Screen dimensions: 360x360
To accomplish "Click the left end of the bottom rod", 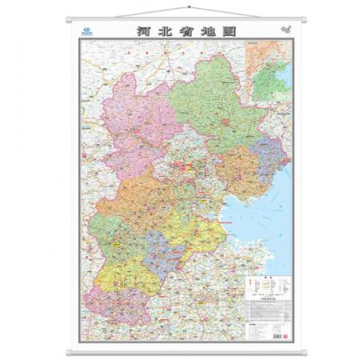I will [68, 350].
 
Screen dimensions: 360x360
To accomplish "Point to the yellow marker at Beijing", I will [189, 169].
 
